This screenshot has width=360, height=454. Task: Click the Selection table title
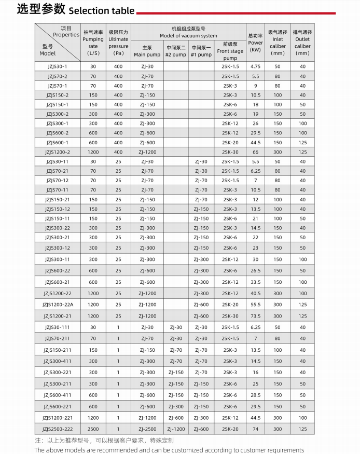pyautogui.click(x=76, y=10)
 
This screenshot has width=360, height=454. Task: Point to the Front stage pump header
pyautogui.click(x=230, y=51)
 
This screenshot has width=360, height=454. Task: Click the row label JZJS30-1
pyautogui.click(x=57, y=66)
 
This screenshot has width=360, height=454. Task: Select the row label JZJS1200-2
pyautogui.click(x=57, y=152)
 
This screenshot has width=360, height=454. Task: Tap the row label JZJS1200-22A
pyautogui.click(x=57, y=305)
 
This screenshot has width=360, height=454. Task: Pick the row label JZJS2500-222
pyautogui.click(x=57, y=429)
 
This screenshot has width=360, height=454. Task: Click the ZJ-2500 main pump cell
pyautogui.click(x=147, y=429)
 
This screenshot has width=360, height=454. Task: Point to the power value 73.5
pyautogui.click(x=255, y=316)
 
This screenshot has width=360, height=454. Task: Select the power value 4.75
pyautogui.click(x=255, y=66)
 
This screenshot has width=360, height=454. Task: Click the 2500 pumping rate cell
pyautogui.click(x=93, y=429)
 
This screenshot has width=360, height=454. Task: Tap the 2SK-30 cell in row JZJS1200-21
pyautogui.click(x=230, y=316)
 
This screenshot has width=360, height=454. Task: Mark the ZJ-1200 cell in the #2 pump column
pyautogui.click(x=176, y=429)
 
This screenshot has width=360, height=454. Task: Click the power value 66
pyautogui.click(x=255, y=152)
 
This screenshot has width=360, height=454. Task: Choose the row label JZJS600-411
pyautogui.click(x=57, y=395)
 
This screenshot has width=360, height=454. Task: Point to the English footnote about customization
pyautogui.click(x=169, y=450)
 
